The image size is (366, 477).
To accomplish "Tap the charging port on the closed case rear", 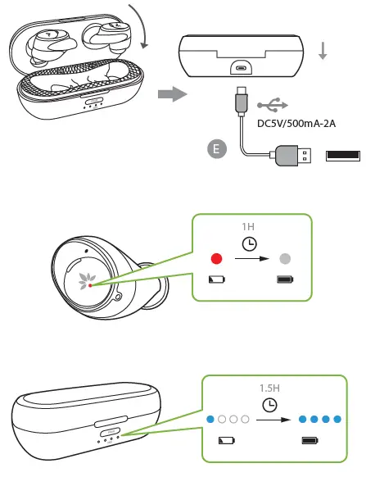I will pyautogui.click(x=242, y=69).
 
